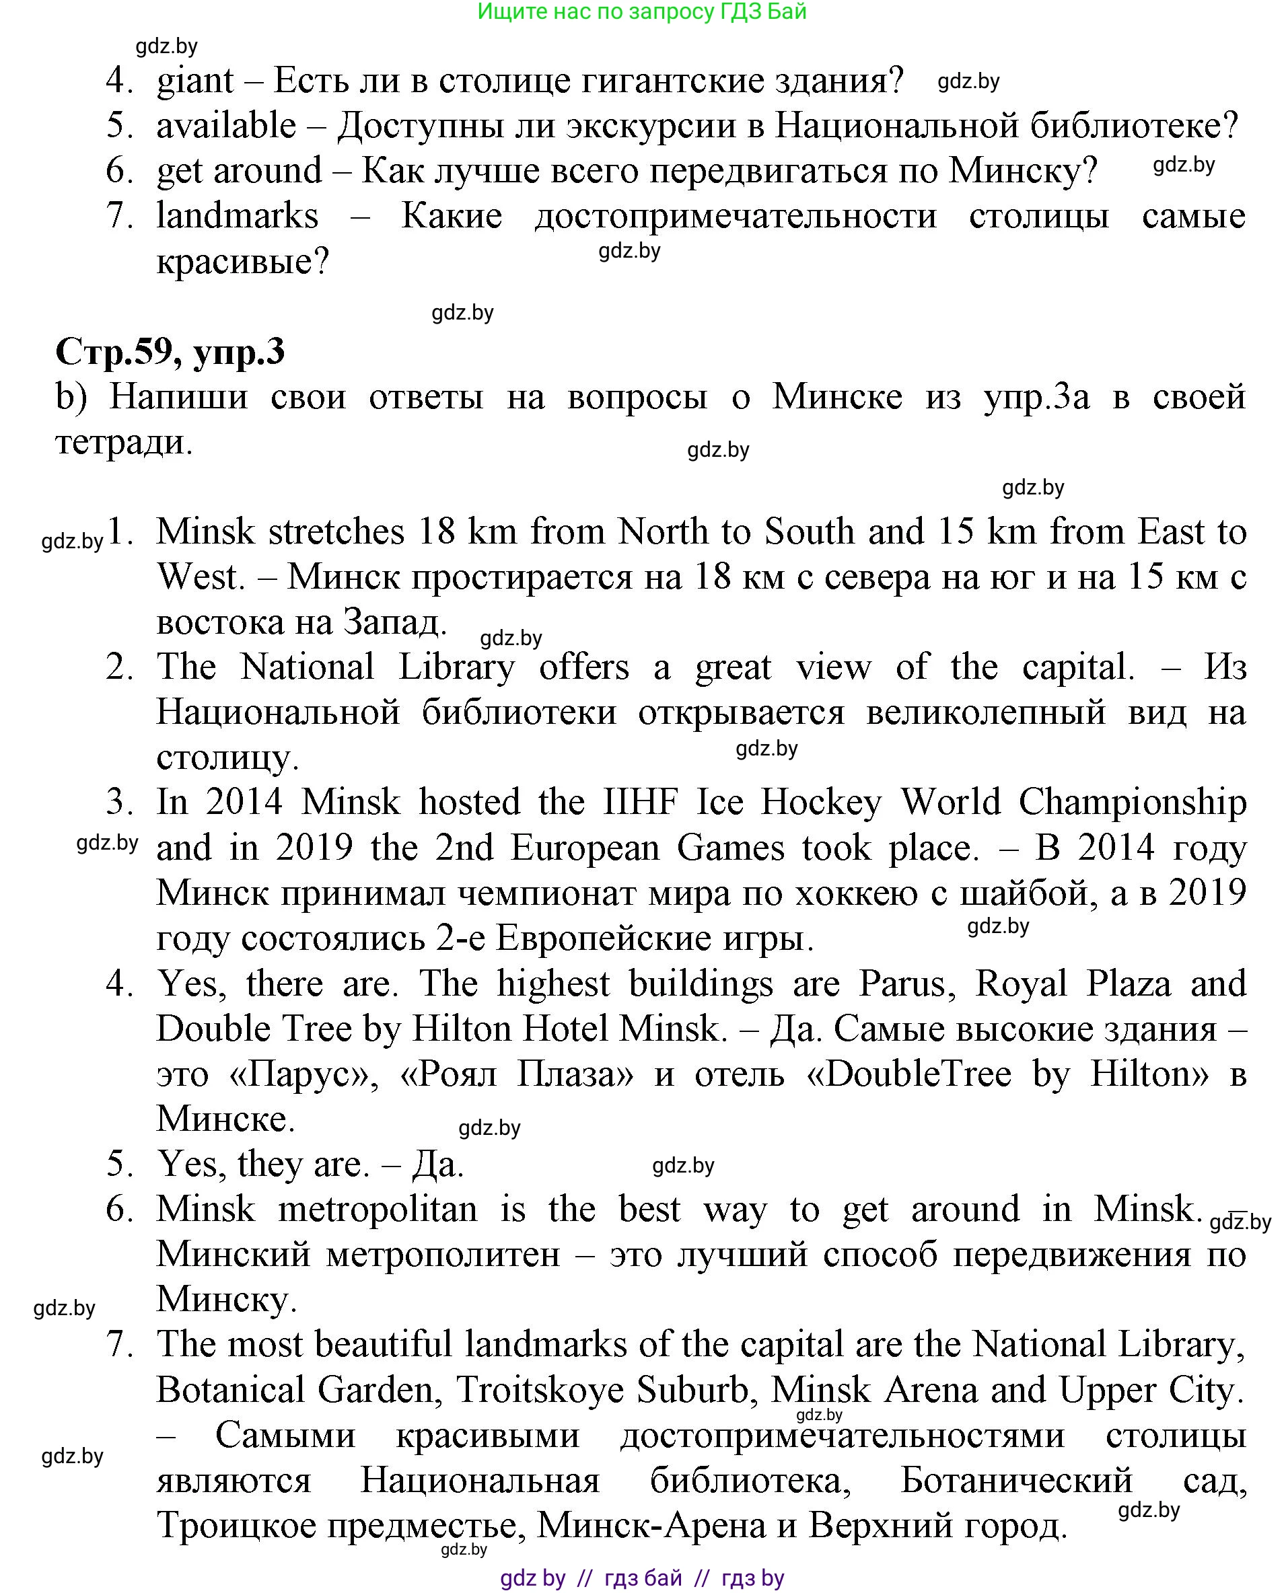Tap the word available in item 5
pyautogui.click(x=226, y=126)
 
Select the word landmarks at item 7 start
pyautogui.click(x=237, y=216)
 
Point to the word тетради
pyautogui.click(x=124, y=443)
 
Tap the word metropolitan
pyautogui.click(x=377, y=1210)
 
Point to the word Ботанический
pyautogui.click(x=1016, y=1481)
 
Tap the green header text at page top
pyautogui.click(x=641, y=12)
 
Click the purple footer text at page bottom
pyautogui.click(x=641, y=1578)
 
